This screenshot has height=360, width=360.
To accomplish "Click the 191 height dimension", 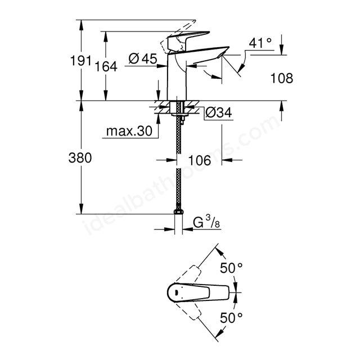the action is (80, 61).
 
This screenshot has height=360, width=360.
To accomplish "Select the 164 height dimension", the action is (106, 66).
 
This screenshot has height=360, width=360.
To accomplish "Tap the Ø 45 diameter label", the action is (142, 58).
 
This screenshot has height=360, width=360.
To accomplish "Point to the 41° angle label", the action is (260, 43).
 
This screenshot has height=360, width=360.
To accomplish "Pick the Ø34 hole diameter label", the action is (219, 112).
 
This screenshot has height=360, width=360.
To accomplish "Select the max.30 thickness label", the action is (129, 131).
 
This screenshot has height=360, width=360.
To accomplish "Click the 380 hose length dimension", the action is (80, 157).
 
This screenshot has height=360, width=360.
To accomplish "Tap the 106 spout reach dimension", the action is (199, 160).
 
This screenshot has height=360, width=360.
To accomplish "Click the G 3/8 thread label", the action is (206, 222).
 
